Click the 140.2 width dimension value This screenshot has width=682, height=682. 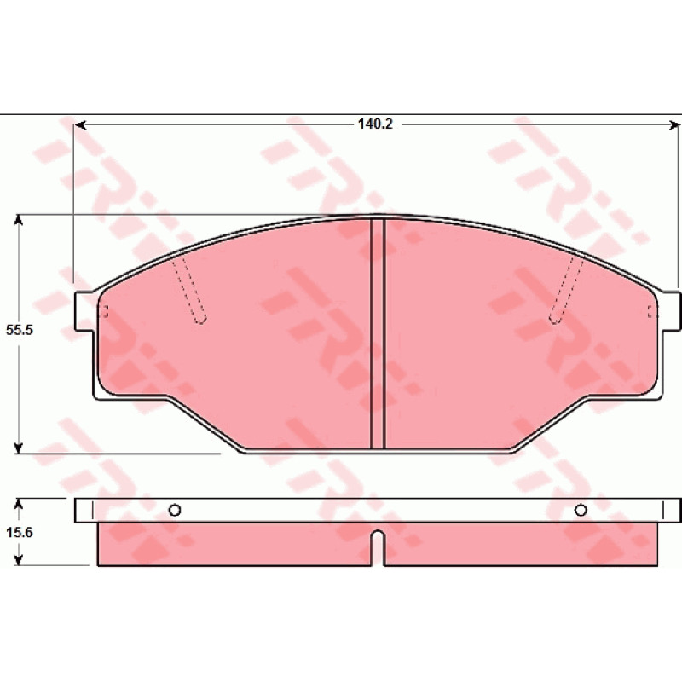tap(375, 124)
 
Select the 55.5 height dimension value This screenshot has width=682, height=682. tap(19, 330)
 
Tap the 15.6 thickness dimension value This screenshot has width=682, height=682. tap(19, 532)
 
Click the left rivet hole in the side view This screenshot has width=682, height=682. tap(175, 510)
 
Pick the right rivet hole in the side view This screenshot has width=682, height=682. tap(581, 510)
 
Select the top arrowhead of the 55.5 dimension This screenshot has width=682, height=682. tap(18, 220)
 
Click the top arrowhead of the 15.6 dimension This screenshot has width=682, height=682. tap(18, 504)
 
